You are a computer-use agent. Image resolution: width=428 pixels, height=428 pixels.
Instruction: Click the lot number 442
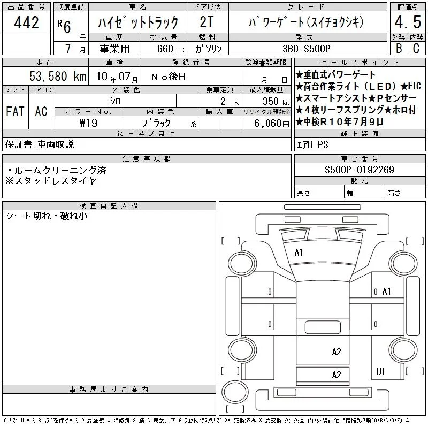(x=26, y=22)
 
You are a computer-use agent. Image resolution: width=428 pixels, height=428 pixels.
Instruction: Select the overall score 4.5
(x=408, y=22)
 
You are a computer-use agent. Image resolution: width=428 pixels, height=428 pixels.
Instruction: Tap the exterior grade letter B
(x=399, y=48)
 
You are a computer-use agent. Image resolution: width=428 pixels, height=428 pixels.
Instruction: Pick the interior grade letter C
(x=416, y=48)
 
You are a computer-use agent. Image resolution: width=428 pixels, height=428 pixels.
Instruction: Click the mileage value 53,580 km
(x=58, y=76)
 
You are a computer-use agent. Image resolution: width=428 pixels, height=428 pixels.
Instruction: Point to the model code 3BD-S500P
(x=306, y=49)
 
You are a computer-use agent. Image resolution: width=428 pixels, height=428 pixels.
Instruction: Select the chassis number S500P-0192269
(x=359, y=170)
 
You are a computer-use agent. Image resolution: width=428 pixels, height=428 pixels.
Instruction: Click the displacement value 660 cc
(x=170, y=49)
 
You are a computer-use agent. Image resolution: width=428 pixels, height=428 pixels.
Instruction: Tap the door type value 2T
(x=207, y=22)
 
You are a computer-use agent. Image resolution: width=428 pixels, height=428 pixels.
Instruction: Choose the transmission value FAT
(x=15, y=111)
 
